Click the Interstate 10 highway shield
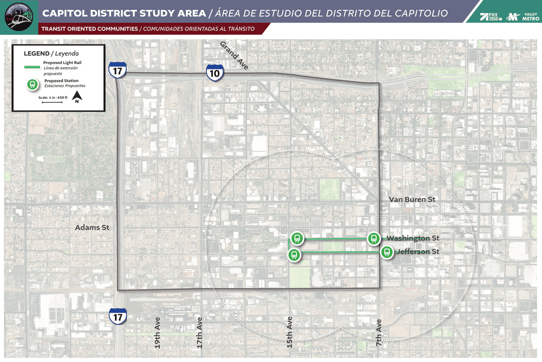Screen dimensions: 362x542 coord(215,73)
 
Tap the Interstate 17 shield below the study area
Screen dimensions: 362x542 coord(117,316)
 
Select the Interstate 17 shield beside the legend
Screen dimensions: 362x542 coord(117,70)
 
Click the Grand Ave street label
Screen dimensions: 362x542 coord(234,55)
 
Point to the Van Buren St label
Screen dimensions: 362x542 coord(412,200)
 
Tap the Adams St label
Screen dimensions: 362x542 coord(92,227)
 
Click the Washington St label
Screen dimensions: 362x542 coord(412,238)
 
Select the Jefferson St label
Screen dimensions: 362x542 coord(417,252)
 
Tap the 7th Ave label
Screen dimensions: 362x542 coord(379,333)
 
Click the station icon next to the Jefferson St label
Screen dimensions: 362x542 coord(386,252)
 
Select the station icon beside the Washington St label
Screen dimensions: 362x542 coord(373,238)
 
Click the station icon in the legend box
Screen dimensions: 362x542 coord(33,84)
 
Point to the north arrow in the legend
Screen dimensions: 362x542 coord(78,97)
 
